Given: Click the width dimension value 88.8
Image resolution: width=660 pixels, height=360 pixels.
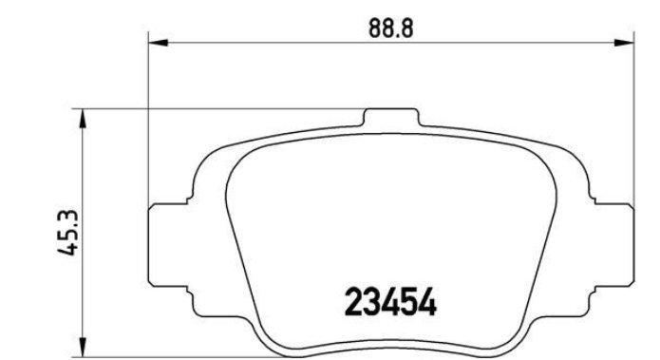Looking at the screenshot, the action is click(x=391, y=28).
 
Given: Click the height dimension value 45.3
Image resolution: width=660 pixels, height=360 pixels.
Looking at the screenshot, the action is click(x=67, y=232).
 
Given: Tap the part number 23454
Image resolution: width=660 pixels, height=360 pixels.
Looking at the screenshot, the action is click(x=390, y=302).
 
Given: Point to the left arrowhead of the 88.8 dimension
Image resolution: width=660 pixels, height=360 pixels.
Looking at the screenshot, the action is click(x=159, y=43).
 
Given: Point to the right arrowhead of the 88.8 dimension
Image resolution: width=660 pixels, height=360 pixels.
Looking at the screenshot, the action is click(x=624, y=43).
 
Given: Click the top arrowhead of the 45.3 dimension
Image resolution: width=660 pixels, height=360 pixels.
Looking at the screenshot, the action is click(x=84, y=119).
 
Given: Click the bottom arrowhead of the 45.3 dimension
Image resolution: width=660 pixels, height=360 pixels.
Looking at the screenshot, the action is click(x=84, y=347).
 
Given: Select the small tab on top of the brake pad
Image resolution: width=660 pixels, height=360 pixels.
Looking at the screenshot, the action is click(x=391, y=118).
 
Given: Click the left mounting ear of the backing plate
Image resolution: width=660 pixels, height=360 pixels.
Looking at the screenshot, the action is click(x=168, y=245).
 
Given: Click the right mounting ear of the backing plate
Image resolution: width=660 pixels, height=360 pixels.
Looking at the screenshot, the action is click(x=613, y=245).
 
